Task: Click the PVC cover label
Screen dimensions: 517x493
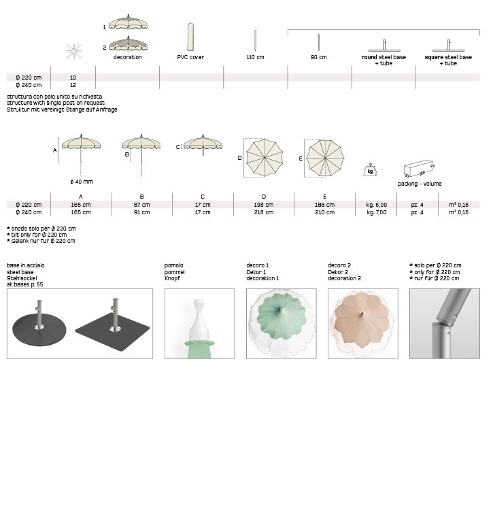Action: click(191, 57)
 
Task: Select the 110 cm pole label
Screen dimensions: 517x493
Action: click(255, 57)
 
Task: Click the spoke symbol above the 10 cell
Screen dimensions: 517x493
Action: click(73, 50)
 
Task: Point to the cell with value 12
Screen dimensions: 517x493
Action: click(73, 85)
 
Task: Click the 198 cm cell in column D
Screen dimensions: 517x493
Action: click(264, 205)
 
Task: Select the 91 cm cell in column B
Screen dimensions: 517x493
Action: click(141, 212)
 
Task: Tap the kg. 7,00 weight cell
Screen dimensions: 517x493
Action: click(377, 212)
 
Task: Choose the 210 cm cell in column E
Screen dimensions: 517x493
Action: click(324, 212)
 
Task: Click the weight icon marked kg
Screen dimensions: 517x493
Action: click(371, 169)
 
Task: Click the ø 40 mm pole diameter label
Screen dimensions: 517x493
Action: click(81, 182)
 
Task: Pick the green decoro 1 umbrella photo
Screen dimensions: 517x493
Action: click(281, 323)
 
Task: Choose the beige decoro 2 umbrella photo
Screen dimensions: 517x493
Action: click(362, 323)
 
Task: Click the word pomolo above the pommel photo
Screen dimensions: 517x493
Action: click(174, 265)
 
